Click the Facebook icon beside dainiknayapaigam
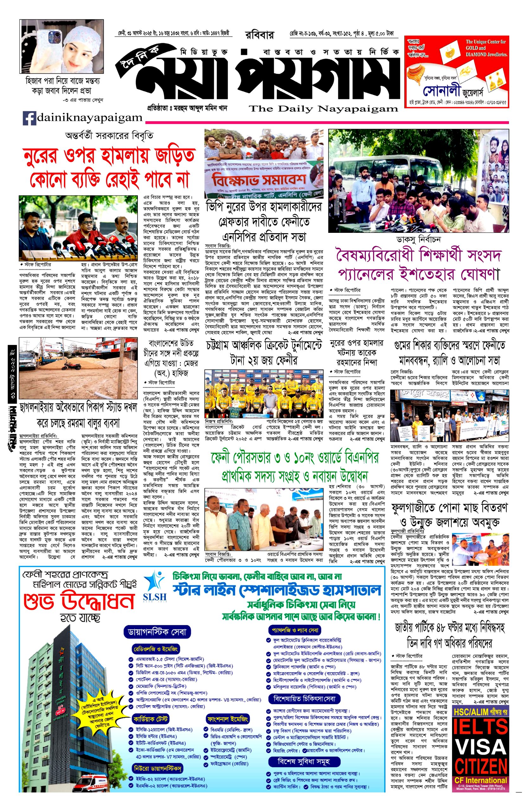tap(29, 118)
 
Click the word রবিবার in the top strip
tap(259, 35)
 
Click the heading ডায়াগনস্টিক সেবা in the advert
tap(157, 632)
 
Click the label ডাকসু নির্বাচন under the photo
tap(418, 239)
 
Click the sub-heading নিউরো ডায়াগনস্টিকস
tap(157, 776)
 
